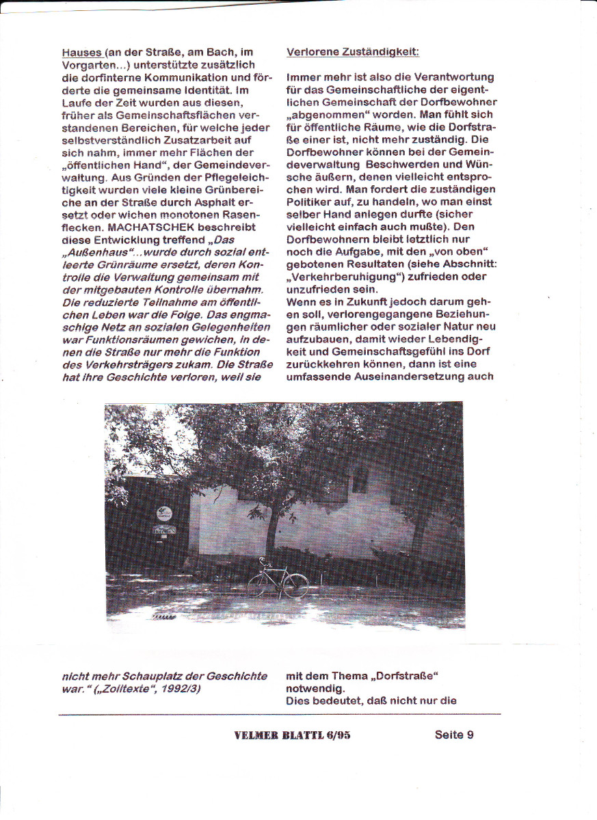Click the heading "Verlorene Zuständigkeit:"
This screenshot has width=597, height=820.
tap(353, 52)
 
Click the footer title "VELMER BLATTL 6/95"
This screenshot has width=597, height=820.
tap(292, 735)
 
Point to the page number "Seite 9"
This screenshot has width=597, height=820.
tap(454, 735)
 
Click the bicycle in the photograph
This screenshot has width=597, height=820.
tap(277, 581)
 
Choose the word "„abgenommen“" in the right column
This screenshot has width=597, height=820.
tap(326, 114)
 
